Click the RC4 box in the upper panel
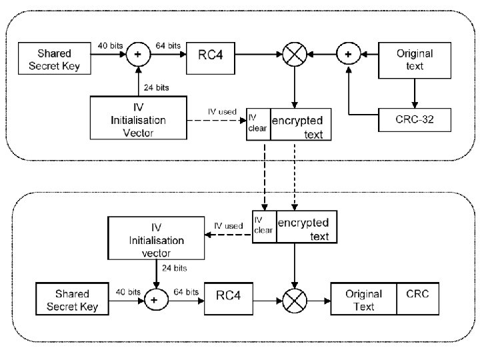point(211,58)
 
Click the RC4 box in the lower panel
point(229,299)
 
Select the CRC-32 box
point(415,120)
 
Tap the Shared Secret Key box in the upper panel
point(55,58)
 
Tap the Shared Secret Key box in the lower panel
point(72,299)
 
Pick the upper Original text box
point(415,60)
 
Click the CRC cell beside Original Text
point(418,299)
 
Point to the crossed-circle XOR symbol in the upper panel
point(295,55)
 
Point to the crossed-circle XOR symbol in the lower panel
point(295,301)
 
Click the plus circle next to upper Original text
point(349,54)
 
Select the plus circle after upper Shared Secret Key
point(139,54)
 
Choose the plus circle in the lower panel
point(156,300)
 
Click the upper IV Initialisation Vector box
point(139,118)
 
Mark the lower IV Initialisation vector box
point(156,238)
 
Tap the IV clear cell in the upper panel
point(259,124)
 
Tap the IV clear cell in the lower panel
point(264,227)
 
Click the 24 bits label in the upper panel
point(157,87)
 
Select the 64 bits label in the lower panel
point(186,292)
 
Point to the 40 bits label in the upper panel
point(110,45)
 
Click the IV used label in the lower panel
point(229,226)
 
